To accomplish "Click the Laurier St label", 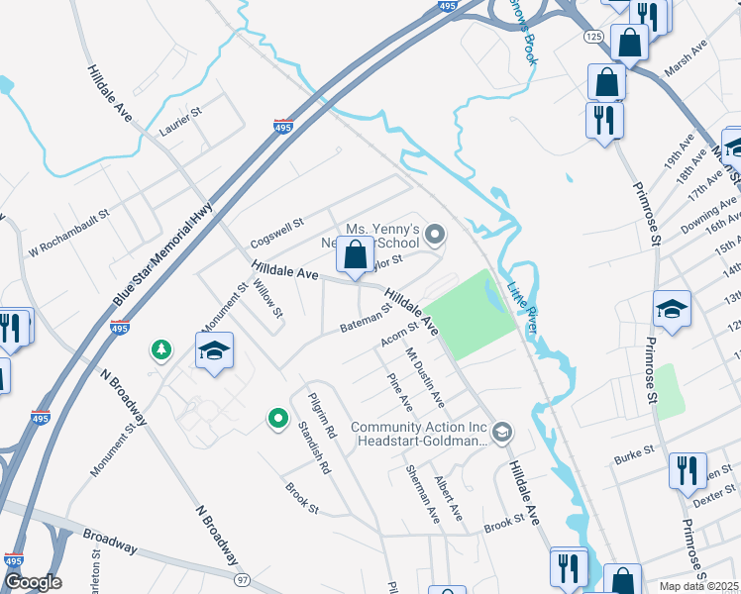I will (180, 122).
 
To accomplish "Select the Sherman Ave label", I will (423, 494).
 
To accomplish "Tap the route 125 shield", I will (592, 36).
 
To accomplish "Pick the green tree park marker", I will (159, 349).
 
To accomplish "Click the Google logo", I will (32, 582).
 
